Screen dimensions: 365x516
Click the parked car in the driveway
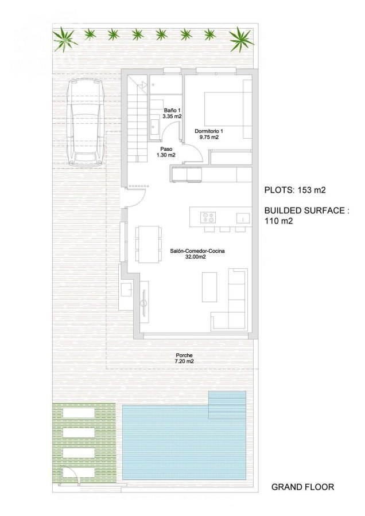click(x=86, y=123)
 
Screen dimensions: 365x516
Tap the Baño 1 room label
click(x=172, y=113)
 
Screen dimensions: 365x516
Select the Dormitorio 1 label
click(x=207, y=134)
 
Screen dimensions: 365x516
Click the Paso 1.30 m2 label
click(x=166, y=152)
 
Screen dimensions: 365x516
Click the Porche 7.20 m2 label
click(x=184, y=358)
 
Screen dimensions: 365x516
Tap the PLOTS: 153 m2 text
click(x=295, y=190)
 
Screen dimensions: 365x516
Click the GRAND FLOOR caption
click(x=302, y=487)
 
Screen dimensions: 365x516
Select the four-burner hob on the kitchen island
click(x=208, y=217)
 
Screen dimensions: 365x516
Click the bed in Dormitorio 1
click(x=228, y=110)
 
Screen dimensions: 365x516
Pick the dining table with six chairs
click(x=148, y=244)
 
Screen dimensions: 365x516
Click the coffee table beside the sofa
click(x=209, y=287)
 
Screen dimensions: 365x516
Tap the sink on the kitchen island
click(x=243, y=218)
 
